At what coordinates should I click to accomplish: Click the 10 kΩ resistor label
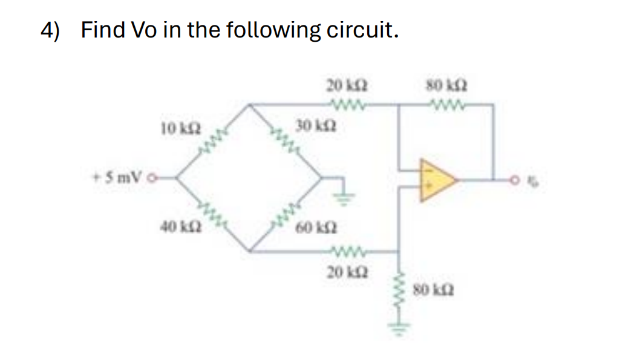pos(175,128)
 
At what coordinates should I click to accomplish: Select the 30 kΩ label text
pos(310,126)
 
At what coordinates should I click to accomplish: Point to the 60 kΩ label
pos(313,228)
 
